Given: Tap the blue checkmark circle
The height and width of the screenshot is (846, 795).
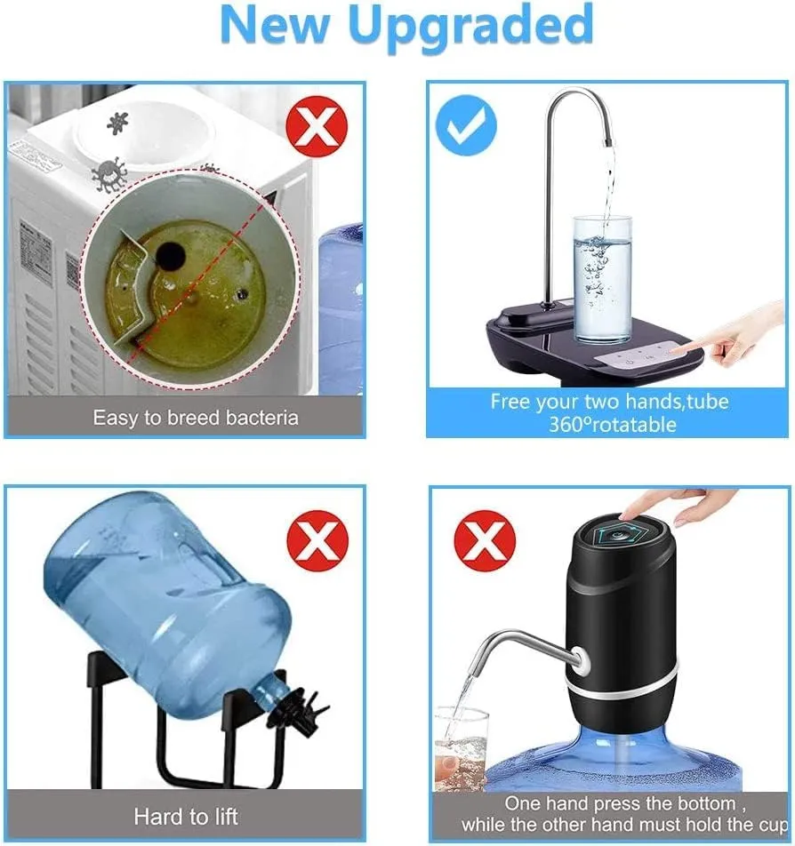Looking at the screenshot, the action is [466, 125].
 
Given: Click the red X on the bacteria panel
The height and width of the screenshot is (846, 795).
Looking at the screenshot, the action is [317, 127].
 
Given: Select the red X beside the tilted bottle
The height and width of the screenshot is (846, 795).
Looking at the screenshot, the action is [317, 540].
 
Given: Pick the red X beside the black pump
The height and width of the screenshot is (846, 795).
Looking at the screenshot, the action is [485, 540].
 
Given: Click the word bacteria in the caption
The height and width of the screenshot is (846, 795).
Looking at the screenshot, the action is [262, 418].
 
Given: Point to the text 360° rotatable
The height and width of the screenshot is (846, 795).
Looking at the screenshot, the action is [613, 425].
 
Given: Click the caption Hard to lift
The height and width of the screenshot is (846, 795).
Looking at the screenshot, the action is [186, 817].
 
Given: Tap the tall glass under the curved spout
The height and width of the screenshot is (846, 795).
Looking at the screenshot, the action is [602, 278].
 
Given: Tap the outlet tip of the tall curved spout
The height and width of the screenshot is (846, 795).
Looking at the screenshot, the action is [608, 142].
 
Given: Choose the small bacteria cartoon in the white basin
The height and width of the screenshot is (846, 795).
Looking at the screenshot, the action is [117, 124].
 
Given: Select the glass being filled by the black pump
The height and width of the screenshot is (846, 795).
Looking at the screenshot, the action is [462, 749].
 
